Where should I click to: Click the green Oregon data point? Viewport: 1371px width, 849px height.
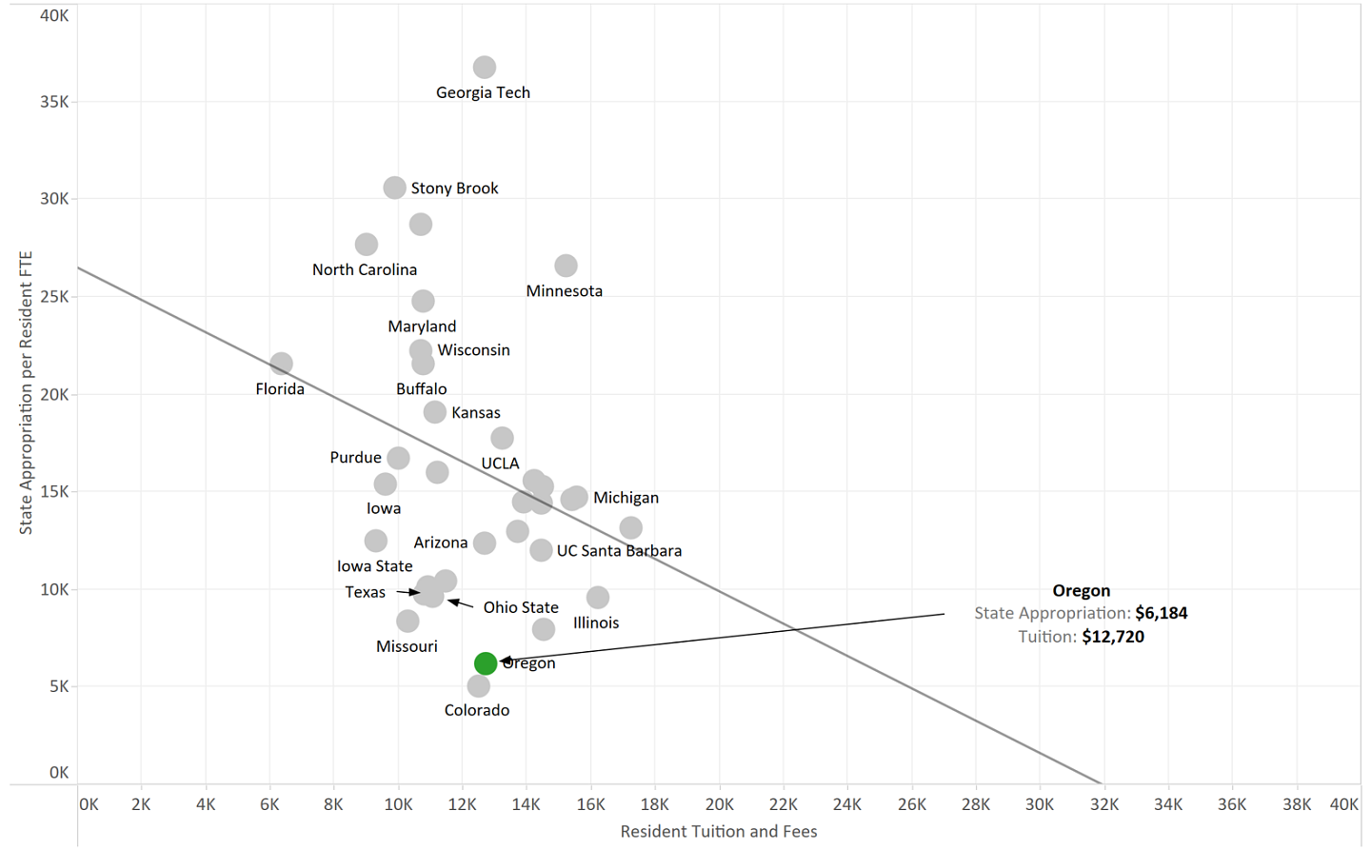pos(485,663)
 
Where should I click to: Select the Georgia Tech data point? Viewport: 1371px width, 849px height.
pos(485,68)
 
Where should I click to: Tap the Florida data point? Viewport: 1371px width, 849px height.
pos(281,364)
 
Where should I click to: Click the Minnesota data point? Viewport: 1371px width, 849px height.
pos(566,266)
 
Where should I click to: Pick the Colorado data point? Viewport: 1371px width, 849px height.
pos(479,685)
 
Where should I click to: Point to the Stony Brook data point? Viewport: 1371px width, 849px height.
pos(395,188)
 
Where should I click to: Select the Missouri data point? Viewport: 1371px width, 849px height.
pos(407,621)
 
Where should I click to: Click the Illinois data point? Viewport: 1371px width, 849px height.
pos(598,598)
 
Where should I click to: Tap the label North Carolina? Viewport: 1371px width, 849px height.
pos(365,270)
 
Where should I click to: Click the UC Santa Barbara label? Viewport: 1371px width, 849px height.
pos(619,551)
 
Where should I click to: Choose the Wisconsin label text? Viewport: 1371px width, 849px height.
pos(473,350)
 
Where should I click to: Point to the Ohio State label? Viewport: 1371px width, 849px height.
pos(521,607)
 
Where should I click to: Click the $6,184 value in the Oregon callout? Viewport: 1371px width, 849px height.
pos(1162,614)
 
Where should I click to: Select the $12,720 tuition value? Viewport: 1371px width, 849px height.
pos(1113,637)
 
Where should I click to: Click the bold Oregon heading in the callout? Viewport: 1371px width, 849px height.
pos(1081,591)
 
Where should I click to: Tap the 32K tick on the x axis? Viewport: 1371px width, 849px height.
pos(1104,804)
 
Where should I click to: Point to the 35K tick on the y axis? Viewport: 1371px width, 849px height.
pos(54,102)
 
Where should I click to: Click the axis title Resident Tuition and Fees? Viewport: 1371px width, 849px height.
pos(719,832)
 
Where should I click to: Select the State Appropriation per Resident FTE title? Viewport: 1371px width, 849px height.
pos(26,392)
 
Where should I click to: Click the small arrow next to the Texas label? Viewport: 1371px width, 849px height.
pos(407,592)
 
